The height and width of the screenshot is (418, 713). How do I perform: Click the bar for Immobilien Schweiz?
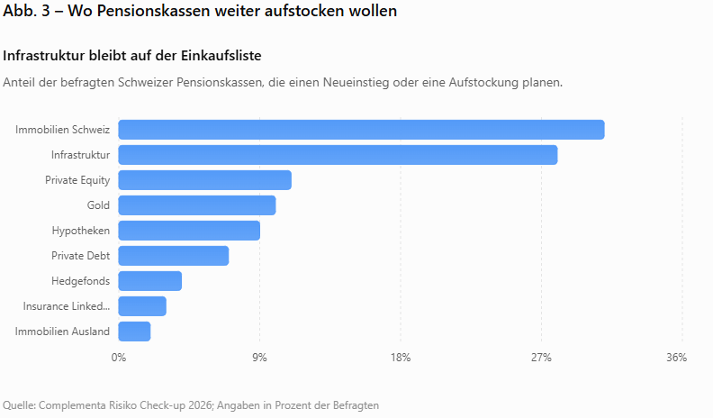(362, 130)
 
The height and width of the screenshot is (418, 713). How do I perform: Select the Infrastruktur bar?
(338, 155)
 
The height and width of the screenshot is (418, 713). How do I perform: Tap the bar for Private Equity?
(204, 180)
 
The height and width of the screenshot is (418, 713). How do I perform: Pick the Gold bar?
(197, 205)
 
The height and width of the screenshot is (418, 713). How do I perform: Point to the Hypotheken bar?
(189, 231)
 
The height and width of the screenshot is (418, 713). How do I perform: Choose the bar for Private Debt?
(173, 256)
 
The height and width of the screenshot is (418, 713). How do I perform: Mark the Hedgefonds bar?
(150, 281)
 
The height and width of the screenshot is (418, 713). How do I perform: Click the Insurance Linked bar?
(142, 306)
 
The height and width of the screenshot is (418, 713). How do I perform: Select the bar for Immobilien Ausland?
(134, 332)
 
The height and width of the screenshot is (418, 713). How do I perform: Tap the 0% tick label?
(119, 358)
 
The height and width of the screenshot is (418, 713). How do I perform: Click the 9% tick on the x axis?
(259, 358)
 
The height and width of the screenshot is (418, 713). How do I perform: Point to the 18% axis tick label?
(401, 358)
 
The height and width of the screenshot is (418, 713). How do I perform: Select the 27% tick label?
(541, 358)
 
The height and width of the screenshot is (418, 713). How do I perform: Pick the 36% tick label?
(677, 358)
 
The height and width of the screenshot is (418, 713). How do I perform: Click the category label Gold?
(98, 205)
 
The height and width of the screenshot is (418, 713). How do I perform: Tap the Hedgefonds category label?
(80, 281)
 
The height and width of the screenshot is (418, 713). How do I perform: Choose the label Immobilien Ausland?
(62, 332)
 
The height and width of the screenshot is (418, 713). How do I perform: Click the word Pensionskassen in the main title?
(154, 11)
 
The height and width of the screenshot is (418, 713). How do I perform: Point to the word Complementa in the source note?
(73, 405)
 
